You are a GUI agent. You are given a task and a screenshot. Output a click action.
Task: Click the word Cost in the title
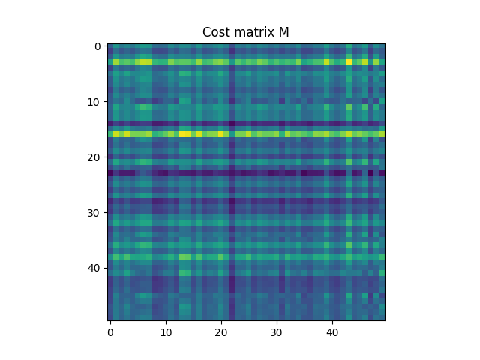(216, 32)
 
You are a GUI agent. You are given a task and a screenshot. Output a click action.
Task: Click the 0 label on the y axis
(97, 46)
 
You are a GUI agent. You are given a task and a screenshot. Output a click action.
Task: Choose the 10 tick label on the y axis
(94, 102)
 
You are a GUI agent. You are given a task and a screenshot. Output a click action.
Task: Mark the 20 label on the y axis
(94, 157)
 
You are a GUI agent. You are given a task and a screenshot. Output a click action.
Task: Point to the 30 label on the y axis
(94, 213)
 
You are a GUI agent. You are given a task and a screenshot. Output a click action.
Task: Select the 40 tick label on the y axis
(94, 268)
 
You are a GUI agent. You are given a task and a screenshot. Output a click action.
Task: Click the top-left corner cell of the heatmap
(110, 46)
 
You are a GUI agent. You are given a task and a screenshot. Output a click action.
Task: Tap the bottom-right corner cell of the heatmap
(382, 318)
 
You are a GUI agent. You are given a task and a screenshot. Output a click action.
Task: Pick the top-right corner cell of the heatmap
(382, 46)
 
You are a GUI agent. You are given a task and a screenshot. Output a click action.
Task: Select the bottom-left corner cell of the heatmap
(110, 318)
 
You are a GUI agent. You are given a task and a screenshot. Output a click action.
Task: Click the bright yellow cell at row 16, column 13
(182, 135)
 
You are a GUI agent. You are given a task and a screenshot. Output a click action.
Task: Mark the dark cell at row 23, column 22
(232, 174)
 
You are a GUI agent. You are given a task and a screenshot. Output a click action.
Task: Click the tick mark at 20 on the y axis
(106, 157)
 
